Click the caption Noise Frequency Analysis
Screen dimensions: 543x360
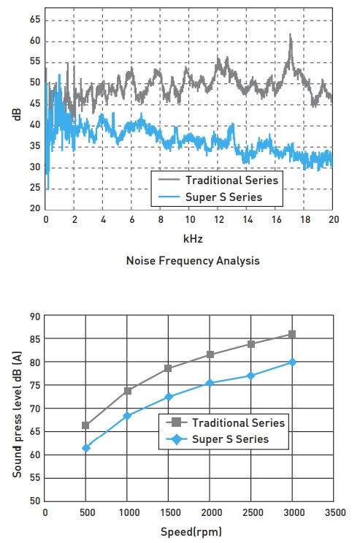(x=192, y=260)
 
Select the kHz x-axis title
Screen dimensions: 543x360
(x=191, y=239)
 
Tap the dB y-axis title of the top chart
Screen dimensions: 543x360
(x=17, y=114)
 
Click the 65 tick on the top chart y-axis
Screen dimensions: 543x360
(x=34, y=19)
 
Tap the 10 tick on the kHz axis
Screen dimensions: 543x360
(x=189, y=219)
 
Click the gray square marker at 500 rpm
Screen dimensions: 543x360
(x=86, y=425)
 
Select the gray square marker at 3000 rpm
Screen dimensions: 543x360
(x=292, y=334)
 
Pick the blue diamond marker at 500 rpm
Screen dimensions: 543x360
(x=86, y=448)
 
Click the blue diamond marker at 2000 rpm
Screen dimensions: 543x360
(x=210, y=383)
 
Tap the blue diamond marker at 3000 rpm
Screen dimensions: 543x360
(x=292, y=362)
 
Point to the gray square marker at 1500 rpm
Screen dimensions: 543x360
(x=169, y=368)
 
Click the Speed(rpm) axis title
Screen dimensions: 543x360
(x=191, y=532)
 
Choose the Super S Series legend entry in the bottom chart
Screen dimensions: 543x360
(x=230, y=439)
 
